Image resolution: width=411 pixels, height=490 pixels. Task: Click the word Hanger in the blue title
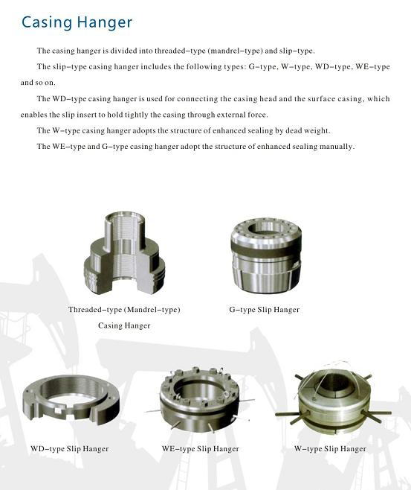[x=105, y=22]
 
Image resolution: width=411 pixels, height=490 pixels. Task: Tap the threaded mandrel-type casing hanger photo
[x=124, y=253]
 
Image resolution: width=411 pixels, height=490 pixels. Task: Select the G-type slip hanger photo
[x=266, y=255]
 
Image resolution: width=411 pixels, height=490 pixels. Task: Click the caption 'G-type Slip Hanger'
[x=264, y=310]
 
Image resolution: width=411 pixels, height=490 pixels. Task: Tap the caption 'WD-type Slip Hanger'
[x=70, y=449]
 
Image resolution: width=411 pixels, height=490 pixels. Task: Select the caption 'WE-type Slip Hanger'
[x=200, y=449]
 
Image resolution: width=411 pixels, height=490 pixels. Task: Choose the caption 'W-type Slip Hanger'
[x=330, y=449]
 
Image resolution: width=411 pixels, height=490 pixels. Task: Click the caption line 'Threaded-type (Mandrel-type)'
[x=124, y=310]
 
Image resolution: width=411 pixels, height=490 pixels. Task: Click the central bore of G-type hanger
[x=265, y=228]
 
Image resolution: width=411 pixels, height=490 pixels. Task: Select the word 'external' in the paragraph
[x=231, y=115]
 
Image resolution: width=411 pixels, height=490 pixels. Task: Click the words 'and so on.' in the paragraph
[x=38, y=83]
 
